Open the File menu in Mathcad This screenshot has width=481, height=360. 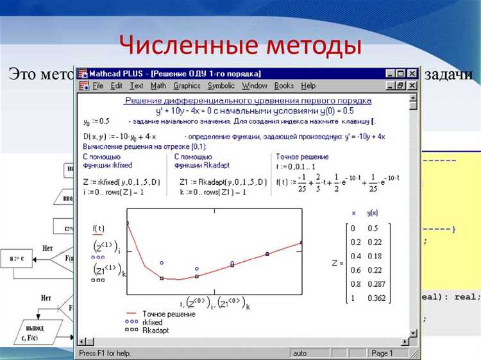coord(97,85)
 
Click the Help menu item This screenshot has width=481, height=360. coord(308,85)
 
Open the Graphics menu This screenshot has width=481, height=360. coord(187,85)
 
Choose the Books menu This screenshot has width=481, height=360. coord(283,85)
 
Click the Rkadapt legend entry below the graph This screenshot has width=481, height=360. coord(155,329)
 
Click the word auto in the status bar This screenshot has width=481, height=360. coord(300,353)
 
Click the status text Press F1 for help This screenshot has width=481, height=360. coord(105,353)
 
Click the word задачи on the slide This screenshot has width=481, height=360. coord(448,74)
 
